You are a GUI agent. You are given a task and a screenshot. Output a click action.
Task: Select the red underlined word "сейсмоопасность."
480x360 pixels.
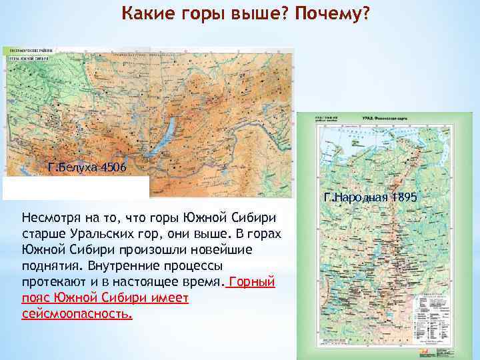coord(77,313)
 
